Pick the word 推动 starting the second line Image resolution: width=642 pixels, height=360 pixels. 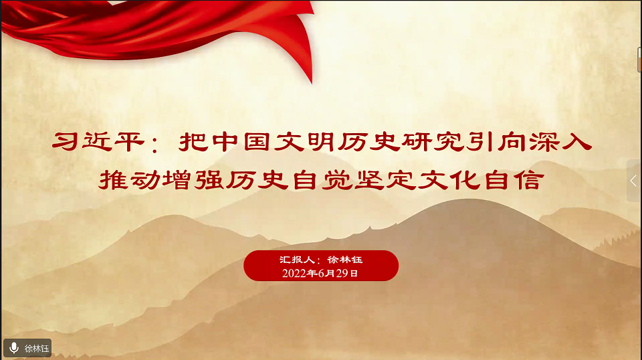[x=130, y=180]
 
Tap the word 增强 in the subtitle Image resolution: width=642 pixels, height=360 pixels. [x=193, y=180]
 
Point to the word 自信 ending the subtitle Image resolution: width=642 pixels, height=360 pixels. [x=514, y=180]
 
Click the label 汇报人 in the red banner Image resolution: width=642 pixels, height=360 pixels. [x=297, y=259]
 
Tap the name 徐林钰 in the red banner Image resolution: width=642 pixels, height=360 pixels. [x=345, y=259]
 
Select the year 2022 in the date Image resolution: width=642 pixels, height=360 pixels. [x=294, y=273]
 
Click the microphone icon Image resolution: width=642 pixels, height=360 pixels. [x=14, y=348]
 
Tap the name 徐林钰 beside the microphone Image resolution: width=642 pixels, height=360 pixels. [x=37, y=349]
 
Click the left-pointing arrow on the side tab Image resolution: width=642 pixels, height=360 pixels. [x=633, y=181]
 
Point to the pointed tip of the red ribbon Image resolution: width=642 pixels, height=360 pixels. [x=312, y=83]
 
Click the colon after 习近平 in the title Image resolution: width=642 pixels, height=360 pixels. [x=154, y=145]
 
